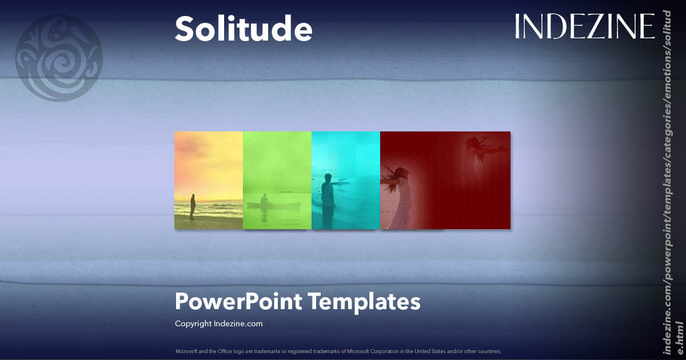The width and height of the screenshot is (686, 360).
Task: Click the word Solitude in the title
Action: pyautogui.click(x=244, y=29)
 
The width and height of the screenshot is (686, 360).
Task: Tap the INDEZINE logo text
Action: pyautogui.click(x=584, y=26)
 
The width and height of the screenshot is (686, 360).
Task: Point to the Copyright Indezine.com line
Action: pyautogui.click(x=218, y=323)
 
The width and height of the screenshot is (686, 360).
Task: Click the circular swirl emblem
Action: pyautogui.click(x=59, y=58)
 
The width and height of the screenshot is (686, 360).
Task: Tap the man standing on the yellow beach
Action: pyautogui.click(x=193, y=206)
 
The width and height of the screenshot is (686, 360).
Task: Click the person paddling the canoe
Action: pyautogui.click(x=265, y=200)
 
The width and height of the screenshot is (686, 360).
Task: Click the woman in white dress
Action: pyautogui.click(x=400, y=194)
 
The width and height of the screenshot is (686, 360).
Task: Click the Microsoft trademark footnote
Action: pyautogui.click(x=338, y=351)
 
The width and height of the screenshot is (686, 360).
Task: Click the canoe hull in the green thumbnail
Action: pyautogui.click(x=274, y=205)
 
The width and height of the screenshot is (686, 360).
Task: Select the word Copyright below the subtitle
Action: pyautogui.click(x=193, y=323)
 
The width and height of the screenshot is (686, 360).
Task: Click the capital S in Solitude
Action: pyautogui.click(x=184, y=29)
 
